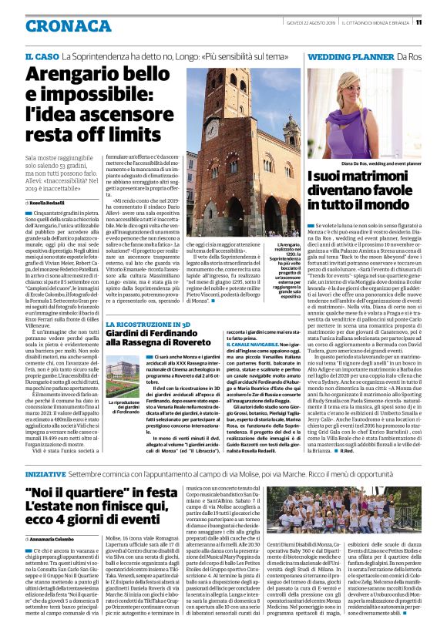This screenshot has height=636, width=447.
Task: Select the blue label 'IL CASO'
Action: coord(42,57)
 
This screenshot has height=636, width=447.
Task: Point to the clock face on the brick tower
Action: coord(210,130)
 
